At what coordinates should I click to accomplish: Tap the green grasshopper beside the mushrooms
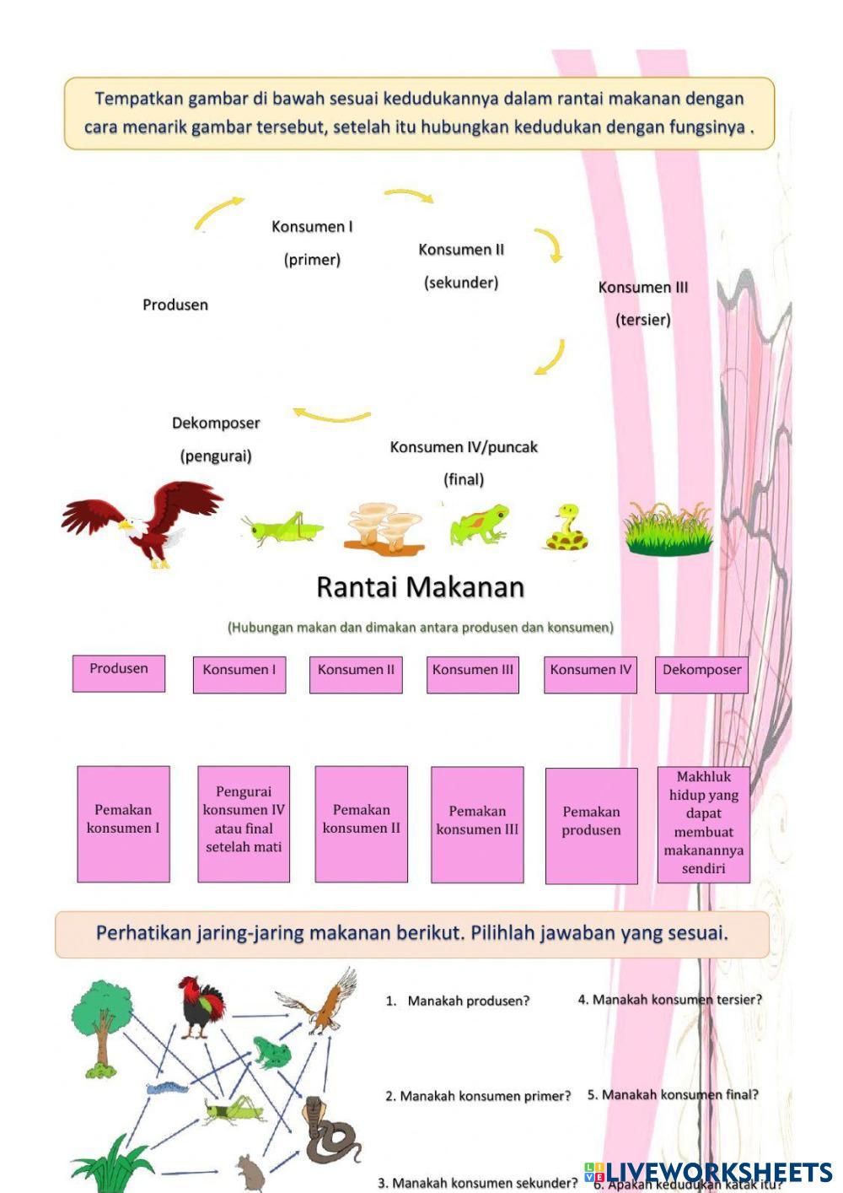tap(282, 528)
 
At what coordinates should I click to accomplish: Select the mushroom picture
tap(384, 528)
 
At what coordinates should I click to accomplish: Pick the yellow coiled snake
tap(566, 529)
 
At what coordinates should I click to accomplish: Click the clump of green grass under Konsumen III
tap(668, 530)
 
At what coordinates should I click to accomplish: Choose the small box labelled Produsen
tap(119, 673)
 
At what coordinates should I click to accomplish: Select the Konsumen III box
tap(472, 674)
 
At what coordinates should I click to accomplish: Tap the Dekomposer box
tap(701, 674)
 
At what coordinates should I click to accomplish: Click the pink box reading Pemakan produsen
tap(591, 824)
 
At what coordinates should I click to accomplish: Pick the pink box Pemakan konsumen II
tap(361, 823)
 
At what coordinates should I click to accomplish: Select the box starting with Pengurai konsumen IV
tap(244, 823)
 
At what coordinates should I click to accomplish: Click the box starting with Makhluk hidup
tap(703, 824)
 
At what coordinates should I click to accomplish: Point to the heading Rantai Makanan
tap(420, 587)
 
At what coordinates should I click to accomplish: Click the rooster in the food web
tap(202, 1007)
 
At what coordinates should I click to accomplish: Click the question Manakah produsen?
tap(468, 1001)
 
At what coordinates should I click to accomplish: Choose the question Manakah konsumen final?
tap(673, 1094)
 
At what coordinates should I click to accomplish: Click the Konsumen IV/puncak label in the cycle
tap(463, 447)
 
